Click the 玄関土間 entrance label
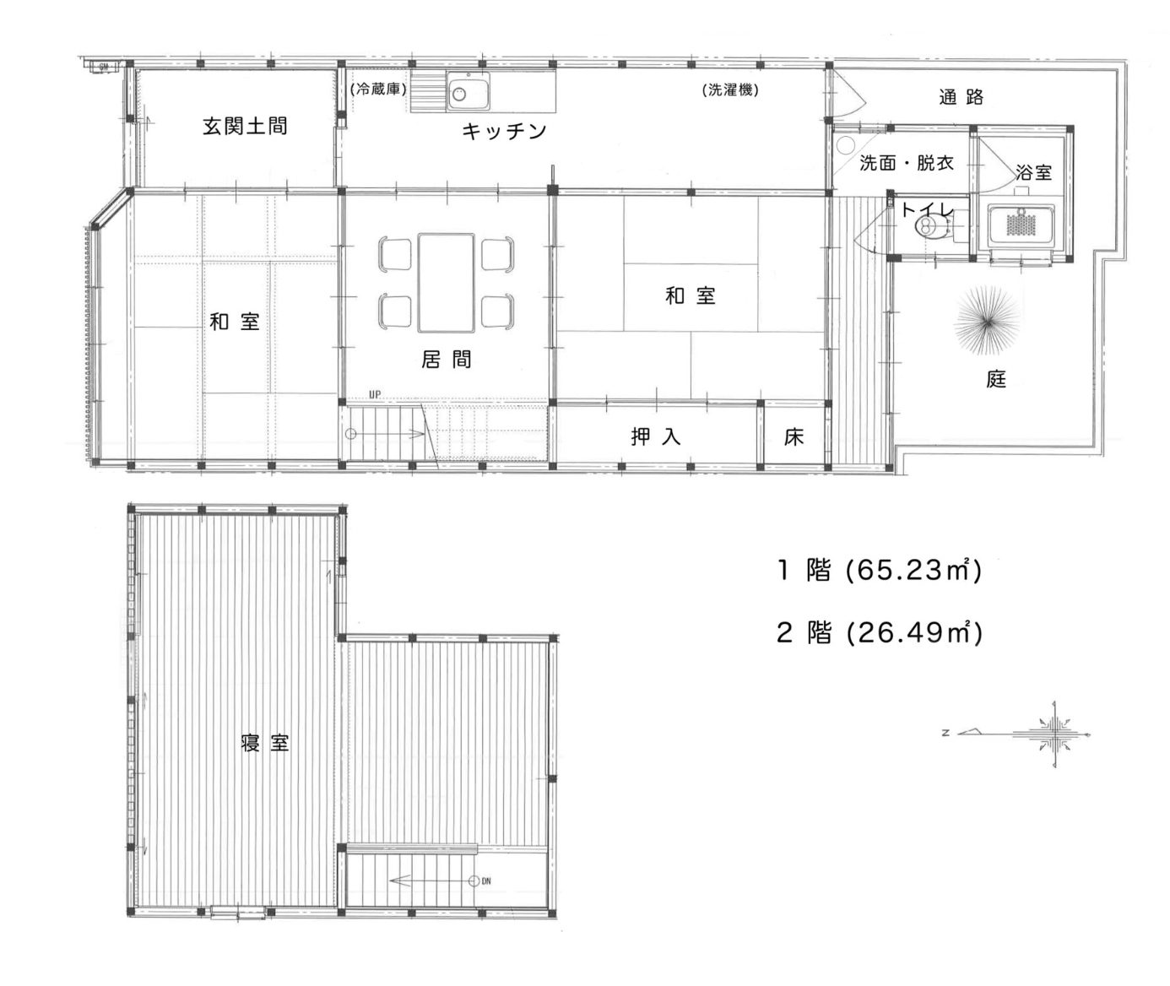[245, 126]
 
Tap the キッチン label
[504, 131]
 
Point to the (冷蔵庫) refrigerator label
[378, 89]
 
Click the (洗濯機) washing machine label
[730, 89]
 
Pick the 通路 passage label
[961, 97]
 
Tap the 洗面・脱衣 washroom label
[906, 163]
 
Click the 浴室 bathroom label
[1034, 172]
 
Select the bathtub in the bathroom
[1021, 225]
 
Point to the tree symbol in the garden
[987, 321]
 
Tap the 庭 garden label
[996, 380]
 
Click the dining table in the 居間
[446, 283]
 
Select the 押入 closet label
[656, 436]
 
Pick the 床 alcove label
[794, 436]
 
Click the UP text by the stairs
[375, 394]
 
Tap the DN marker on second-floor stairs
[486, 881]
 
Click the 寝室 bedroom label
[265, 743]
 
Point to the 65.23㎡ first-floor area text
[913, 571]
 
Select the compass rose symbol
[1054, 734]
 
